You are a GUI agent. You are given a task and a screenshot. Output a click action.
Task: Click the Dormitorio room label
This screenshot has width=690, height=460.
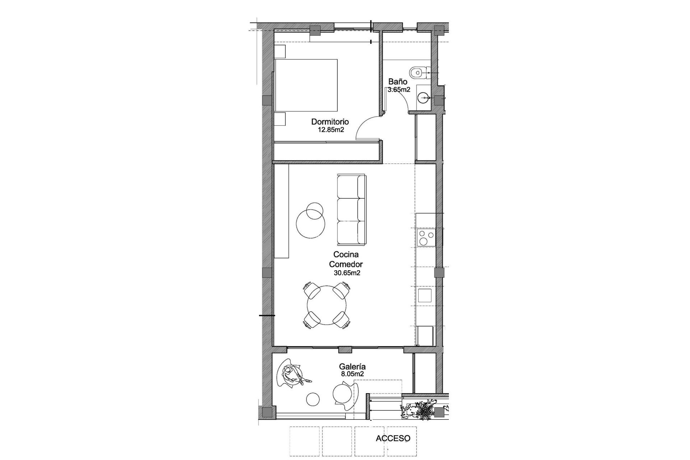coord(330,122)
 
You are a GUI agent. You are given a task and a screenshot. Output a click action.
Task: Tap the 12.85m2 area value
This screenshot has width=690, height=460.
coord(331,130)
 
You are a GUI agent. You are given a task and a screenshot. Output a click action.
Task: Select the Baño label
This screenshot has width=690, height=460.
coord(397,82)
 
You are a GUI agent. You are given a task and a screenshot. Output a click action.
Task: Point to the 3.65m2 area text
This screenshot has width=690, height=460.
coord(399,90)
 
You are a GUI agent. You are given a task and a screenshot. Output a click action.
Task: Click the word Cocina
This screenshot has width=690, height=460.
coord(346,255)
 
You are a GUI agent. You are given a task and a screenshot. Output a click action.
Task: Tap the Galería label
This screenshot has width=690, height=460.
coord(353,367)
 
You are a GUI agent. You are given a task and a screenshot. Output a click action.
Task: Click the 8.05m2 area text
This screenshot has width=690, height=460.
coord(353,374)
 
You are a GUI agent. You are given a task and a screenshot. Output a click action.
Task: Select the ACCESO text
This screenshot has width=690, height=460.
coord(393,438)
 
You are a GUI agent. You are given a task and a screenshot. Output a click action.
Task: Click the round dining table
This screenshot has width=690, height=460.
coord(327,305)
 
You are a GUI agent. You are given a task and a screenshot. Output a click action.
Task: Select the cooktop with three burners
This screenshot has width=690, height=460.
coord(426,238)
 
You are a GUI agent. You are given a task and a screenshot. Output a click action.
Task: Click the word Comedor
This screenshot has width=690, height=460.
coord(346,264)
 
